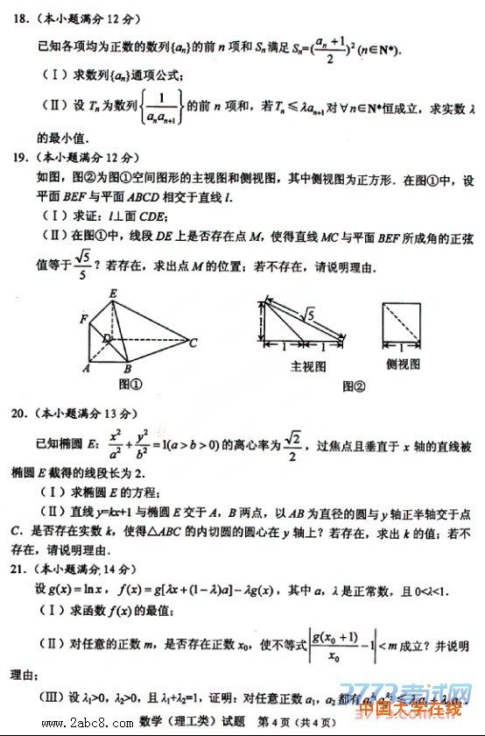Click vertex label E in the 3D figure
point(113,293)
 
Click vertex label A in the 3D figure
point(87,369)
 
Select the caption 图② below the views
point(353,385)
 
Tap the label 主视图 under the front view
point(307,365)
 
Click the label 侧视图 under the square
point(403,363)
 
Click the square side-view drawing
point(404,323)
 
